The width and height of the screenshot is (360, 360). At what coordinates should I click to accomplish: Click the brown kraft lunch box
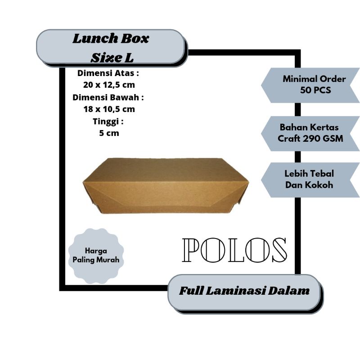click(x=166, y=184)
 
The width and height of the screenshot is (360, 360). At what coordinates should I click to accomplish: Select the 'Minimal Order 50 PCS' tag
click(x=310, y=85)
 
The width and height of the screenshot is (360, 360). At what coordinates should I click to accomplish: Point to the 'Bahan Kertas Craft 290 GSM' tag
click(x=310, y=133)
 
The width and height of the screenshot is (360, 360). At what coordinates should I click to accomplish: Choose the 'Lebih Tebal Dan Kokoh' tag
click(x=310, y=179)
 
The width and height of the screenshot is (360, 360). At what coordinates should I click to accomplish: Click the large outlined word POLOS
click(x=234, y=250)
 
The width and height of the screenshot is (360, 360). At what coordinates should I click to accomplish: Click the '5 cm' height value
click(x=109, y=133)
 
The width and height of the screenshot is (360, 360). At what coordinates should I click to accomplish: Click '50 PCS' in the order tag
click(x=315, y=90)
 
